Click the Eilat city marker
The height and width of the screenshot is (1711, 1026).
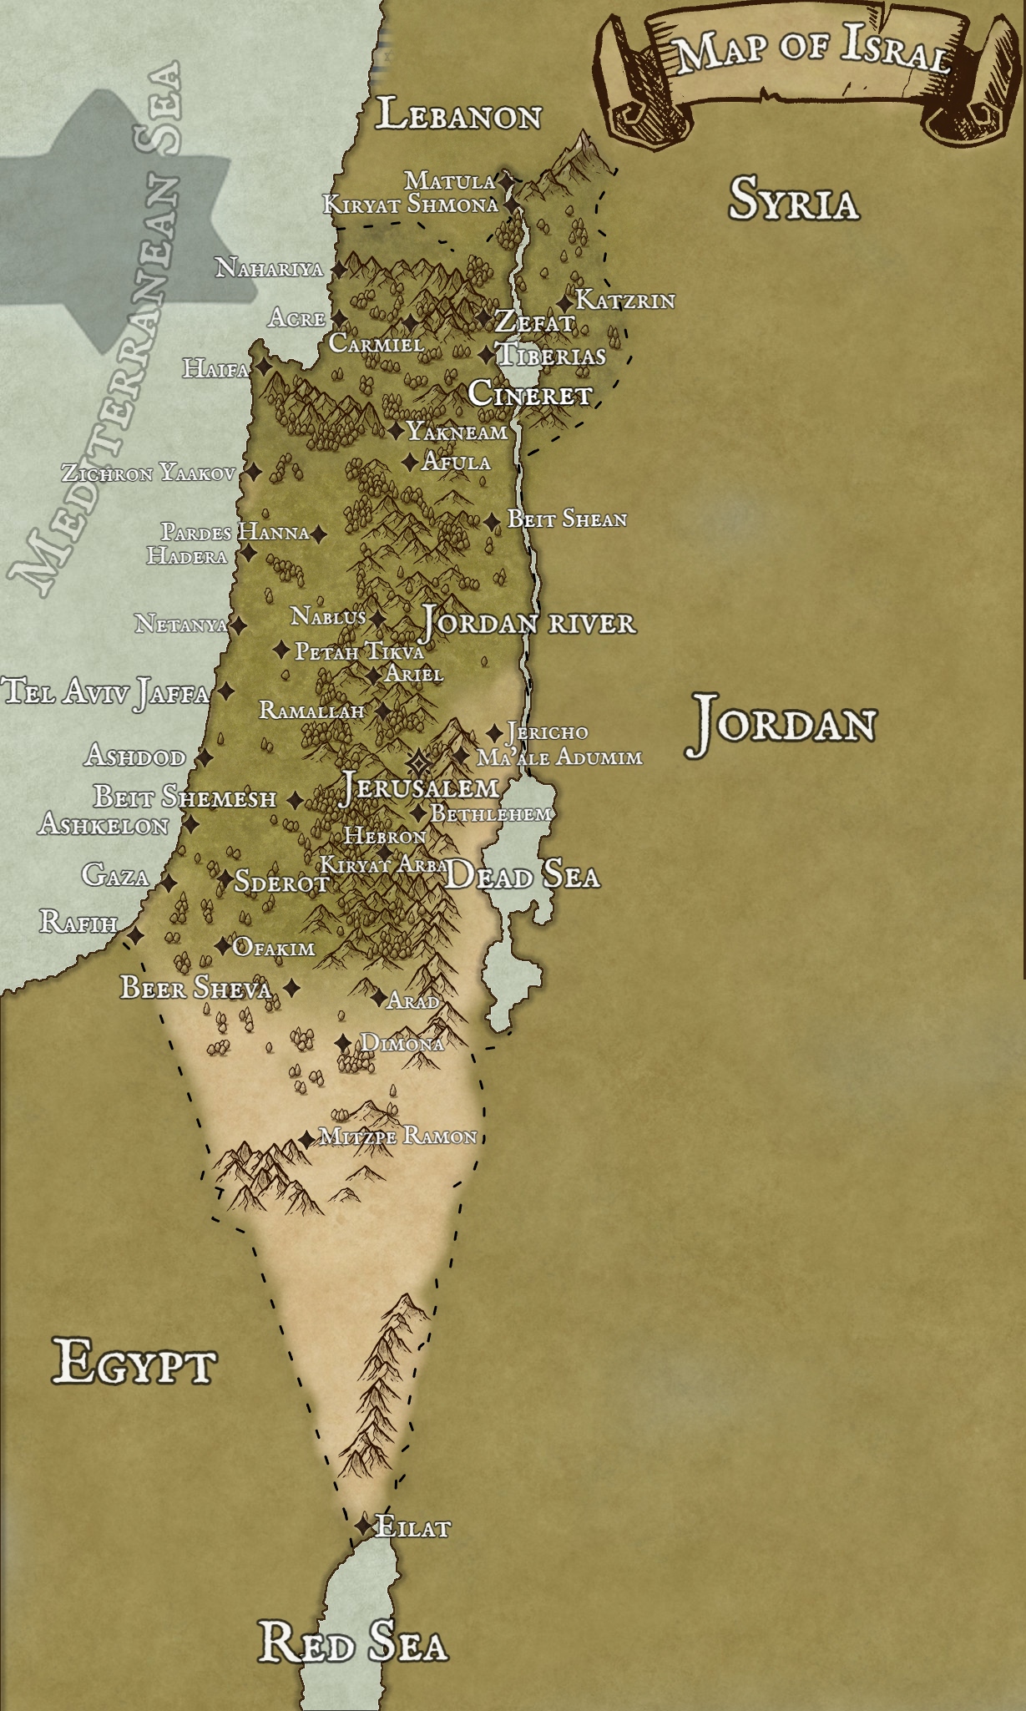pos(362,1526)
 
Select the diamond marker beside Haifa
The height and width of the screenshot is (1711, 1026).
pos(263,367)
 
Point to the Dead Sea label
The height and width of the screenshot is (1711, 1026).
pos(523,876)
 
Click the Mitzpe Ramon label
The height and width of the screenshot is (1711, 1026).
pos(399,1136)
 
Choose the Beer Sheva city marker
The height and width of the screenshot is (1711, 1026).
pos(291,989)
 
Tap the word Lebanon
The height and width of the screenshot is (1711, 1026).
pos(458,115)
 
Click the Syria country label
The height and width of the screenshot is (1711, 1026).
pos(793,200)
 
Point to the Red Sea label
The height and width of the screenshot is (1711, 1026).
pos(353,1643)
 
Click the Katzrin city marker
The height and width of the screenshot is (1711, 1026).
pos(566,302)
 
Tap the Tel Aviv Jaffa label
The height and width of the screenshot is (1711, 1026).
pos(106,692)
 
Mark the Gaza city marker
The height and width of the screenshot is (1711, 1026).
pos(168,883)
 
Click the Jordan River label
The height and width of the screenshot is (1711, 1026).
pos(528,623)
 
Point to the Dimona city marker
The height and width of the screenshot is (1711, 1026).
pos(343,1043)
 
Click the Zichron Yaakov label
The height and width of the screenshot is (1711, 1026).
pos(149,473)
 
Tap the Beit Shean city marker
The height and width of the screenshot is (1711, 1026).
pos(493,521)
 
